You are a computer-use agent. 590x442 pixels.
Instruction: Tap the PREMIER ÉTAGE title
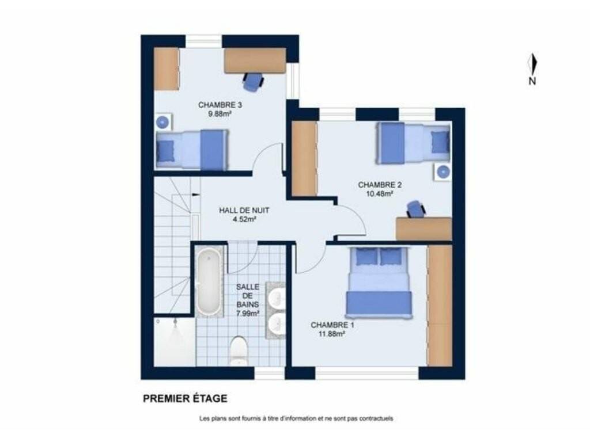185,398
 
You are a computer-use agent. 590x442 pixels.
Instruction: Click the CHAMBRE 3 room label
220,105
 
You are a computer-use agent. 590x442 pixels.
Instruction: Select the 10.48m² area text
380,194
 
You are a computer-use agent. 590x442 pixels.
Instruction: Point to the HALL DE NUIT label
244,211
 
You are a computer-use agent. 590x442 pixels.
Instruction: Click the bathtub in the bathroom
209,281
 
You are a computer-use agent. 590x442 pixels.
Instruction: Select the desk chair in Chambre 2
415,209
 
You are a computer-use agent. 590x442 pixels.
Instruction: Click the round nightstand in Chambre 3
163,122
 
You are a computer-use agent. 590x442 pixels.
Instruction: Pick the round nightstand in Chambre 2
443,172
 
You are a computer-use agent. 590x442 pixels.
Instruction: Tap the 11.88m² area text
332,333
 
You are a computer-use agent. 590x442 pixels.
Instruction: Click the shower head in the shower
175,322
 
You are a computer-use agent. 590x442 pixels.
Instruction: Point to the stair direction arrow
196,195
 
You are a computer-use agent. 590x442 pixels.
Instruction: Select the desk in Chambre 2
423,228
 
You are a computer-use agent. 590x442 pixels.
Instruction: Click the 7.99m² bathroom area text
248,313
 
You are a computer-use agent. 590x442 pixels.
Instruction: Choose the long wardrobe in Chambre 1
440,306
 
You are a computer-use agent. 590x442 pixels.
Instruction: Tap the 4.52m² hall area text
244,219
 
